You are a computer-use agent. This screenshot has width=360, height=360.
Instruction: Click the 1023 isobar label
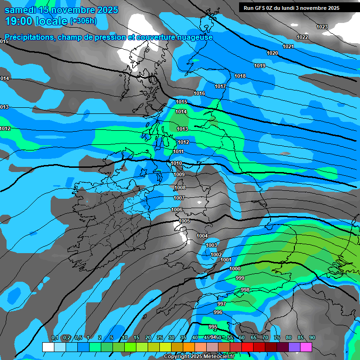pyautogui.click(x=322, y=27)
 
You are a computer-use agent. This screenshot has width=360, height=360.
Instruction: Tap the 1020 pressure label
pyautogui.click(x=272, y=53)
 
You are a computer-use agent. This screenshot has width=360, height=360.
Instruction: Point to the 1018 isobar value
pyautogui.click(x=240, y=76)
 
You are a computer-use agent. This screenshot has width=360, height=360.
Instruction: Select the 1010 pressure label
pyautogui.click(x=177, y=163)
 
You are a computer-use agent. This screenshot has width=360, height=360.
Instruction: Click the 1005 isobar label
pyautogui.click(x=184, y=221)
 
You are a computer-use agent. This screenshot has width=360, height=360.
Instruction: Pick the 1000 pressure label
pyautogui.click(x=235, y=269)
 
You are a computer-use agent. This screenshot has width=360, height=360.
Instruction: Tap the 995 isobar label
pyautogui.click(x=213, y=327)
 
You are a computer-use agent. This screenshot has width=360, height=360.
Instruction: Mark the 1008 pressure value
pyautogui.click(x=180, y=187)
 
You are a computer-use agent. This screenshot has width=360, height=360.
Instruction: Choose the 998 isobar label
pyautogui.click(x=245, y=290)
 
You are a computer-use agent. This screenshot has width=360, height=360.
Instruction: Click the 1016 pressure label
pyautogui.click(x=199, y=93)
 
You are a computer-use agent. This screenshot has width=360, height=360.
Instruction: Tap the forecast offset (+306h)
pyautogui.click(x=83, y=21)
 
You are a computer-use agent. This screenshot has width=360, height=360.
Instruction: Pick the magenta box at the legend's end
pyautogui.click(x=306, y=347)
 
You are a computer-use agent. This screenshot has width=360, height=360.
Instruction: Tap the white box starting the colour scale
pyautogui.click(x=48, y=347)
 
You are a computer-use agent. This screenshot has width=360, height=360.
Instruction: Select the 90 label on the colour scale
pyautogui.click(x=312, y=338)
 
